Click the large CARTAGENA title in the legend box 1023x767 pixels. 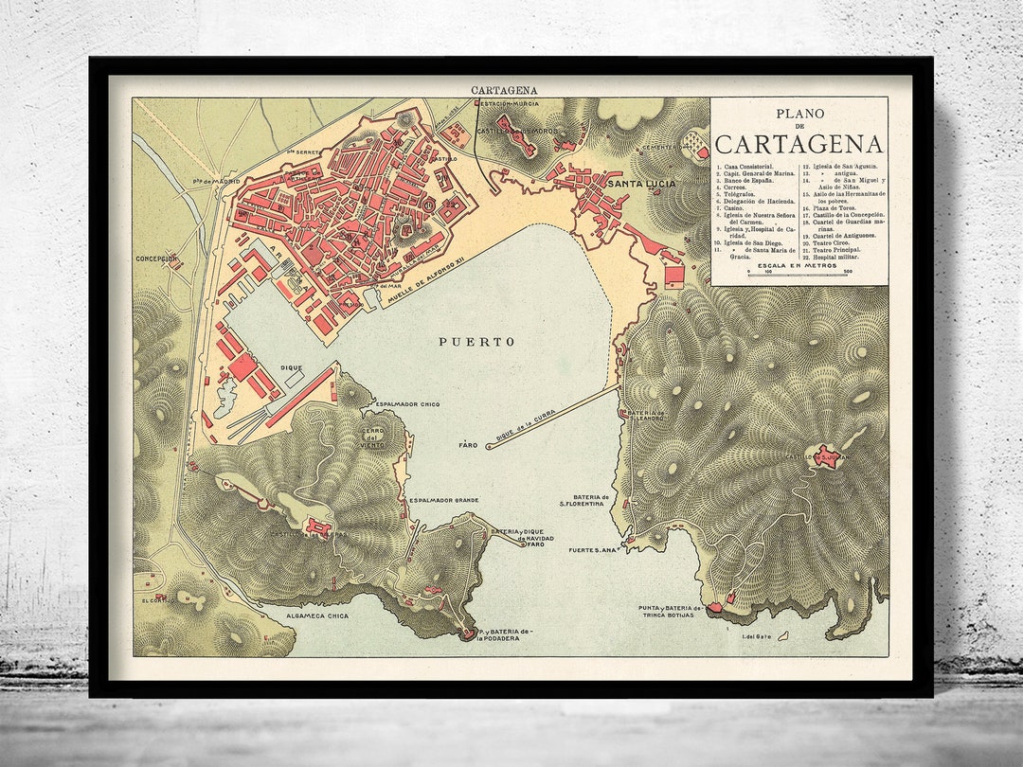pyautogui.click(x=799, y=144)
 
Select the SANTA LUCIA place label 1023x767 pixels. pyautogui.click(x=641, y=184)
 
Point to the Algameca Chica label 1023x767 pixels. pyautogui.click(x=317, y=616)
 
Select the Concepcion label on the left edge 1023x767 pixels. pyautogui.click(x=156, y=258)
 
